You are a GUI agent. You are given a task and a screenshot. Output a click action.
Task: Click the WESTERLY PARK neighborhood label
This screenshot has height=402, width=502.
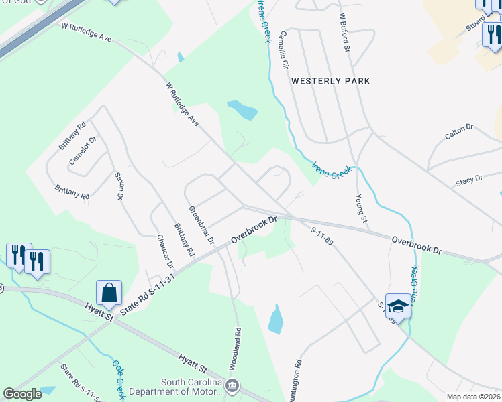(x=330, y=81)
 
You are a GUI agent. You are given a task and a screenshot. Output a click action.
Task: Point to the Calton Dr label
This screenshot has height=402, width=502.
(x=459, y=132)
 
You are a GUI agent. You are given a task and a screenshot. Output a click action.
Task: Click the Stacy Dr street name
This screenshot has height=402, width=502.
(x=468, y=180)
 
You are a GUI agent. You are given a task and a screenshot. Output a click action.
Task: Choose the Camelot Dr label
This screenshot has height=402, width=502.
(x=83, y=151)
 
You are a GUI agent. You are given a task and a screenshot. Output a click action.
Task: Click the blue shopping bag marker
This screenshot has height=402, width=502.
(x=109, y=293)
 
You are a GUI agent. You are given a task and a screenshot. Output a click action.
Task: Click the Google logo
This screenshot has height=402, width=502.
(x=22, y=394)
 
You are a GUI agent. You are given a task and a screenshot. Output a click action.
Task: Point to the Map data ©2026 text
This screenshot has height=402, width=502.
(x=473, y=397)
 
